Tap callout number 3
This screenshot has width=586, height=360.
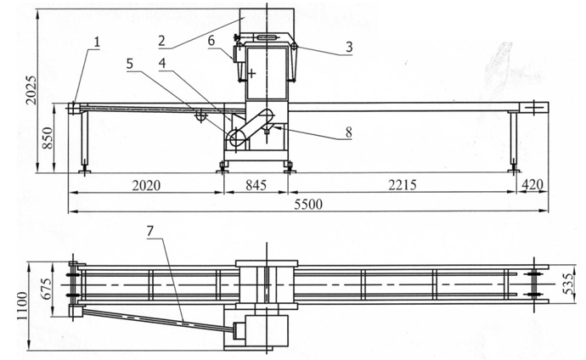(x=348, y=48)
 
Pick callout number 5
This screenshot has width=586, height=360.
(x=130, y=63)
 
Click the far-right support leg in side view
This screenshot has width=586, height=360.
(x=514, y=142)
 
